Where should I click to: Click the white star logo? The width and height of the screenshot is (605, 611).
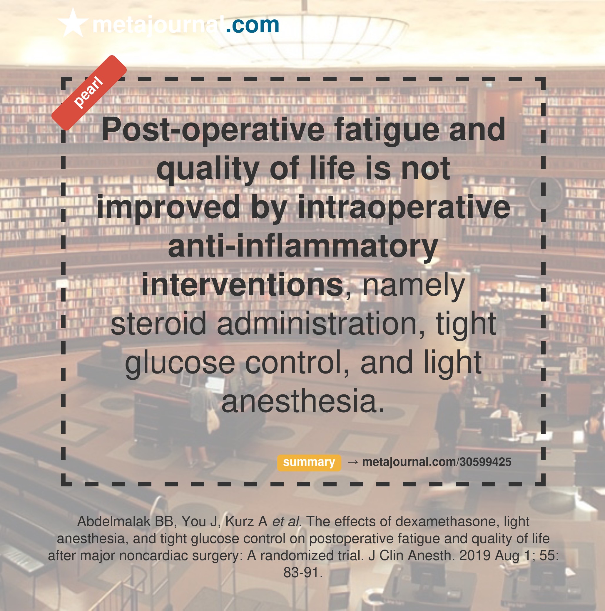pyautogui.click(x=73, y=23)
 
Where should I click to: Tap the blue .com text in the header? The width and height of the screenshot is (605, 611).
pyautogui.click(x=252, y=25)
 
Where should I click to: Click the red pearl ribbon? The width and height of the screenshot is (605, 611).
pyautogui.click(x=89, y=93)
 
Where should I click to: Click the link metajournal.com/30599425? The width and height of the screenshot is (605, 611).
pyautogui.click(x=437, y=462)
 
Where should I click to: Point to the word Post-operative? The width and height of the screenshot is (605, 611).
pyautogui.click(x=213, y=130)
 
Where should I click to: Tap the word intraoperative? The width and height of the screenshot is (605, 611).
pyautogui.click(x=404, y=207)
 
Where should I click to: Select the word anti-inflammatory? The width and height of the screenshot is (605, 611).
pyautogui.click(x=303, y=246)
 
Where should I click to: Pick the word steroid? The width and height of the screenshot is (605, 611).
pyautogui.click(x=158, y=324)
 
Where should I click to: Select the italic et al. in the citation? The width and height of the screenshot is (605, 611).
pyautogui.click(x=287, y=521)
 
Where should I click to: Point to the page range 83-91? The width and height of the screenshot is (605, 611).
pyautogui.click(x=303, y=573)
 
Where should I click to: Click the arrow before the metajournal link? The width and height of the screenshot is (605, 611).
pyautogui.click(x=352, y=462)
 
